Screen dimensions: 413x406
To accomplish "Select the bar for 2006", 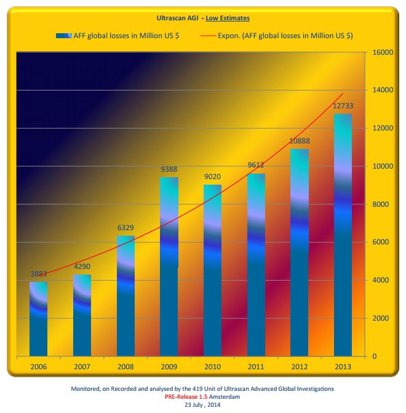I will (38, 319).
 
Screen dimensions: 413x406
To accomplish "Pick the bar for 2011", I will (256, 265).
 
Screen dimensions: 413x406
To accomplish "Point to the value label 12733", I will (343, 106).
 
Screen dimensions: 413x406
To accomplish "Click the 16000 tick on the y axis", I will (383, 52).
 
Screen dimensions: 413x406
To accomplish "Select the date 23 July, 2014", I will (203, 405).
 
